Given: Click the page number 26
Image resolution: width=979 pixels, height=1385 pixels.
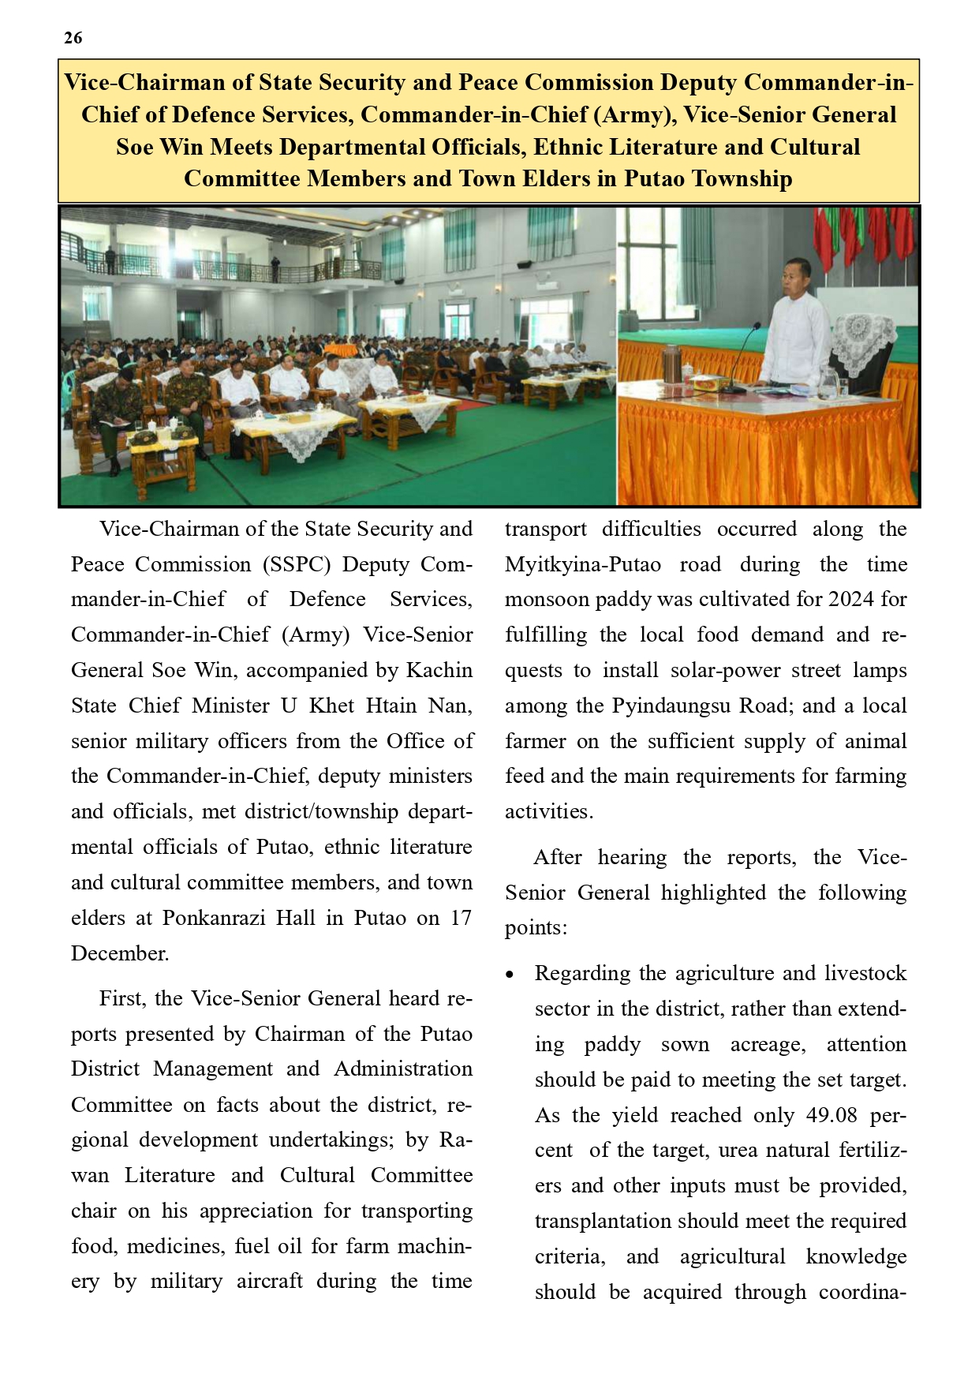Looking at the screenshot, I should tap(73, 38).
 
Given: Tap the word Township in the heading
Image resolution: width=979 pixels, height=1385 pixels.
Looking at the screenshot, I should tap(742, 179).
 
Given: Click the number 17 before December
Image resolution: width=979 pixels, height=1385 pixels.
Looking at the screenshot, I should tap(461, 919).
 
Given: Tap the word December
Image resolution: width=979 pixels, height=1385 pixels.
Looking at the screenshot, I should tap(120, 954).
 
